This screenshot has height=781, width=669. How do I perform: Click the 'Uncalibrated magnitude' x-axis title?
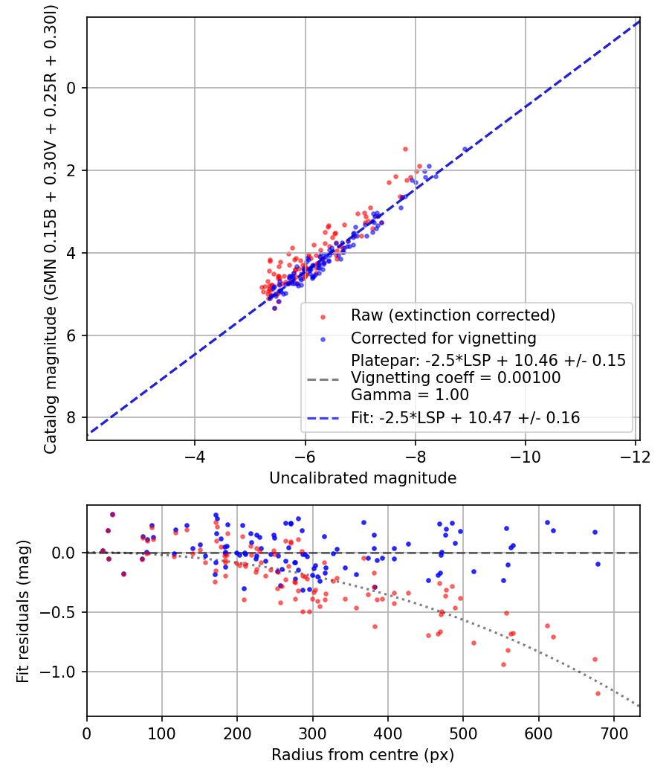pyautogui.click(x=363, y=478)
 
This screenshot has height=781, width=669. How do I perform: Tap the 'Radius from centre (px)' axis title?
pyautogui.click(x=363, y=755)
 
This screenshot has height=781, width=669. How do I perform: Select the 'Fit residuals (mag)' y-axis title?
pyautogui.click(x=23, y=611)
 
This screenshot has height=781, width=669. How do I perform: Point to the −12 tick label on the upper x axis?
pyautogui.click(x=635, y=457)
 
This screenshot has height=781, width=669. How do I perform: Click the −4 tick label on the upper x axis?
pyautogui.click(x=194, y=457)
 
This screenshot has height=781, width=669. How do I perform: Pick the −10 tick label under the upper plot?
pyautogui.click(x=525, y=457)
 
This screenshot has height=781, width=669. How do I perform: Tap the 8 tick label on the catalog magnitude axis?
pyautogui.click(x=71, y=417)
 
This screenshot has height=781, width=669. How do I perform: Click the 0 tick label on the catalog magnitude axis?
pyautogui.click(x=71, y=89)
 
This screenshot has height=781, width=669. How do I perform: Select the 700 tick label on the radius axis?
pyautogui.click(x=614, y=733)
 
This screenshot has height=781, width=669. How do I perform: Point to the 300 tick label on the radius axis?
pyautogui.click(x=313, y=733)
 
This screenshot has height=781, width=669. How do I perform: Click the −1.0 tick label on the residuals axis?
pyautogui.click(x=59, y=672)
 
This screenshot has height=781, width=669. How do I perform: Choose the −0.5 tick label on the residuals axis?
pyautogui.click(x=59, y=612)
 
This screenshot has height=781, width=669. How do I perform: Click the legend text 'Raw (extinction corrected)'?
pyautogui.click(x=453, y=315)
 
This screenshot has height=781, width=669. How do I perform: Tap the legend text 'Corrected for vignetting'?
pyautogui.click(x=444, y=338)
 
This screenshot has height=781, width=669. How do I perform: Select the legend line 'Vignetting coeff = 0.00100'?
pyautogui.click(x=456, y=378)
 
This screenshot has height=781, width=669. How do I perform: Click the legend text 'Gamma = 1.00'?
pyautogui.click(x=410, y=395)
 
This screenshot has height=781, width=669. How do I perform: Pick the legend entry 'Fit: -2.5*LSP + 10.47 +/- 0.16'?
pyautogui.click(x=465, y=417)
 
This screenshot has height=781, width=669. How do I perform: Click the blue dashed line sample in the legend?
pyautogui.click(x=323, y=418)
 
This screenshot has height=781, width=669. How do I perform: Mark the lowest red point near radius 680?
pyautogui.click(x=598, y=693)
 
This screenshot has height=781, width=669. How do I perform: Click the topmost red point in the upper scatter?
pyautogui.click(x=405, y=149)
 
